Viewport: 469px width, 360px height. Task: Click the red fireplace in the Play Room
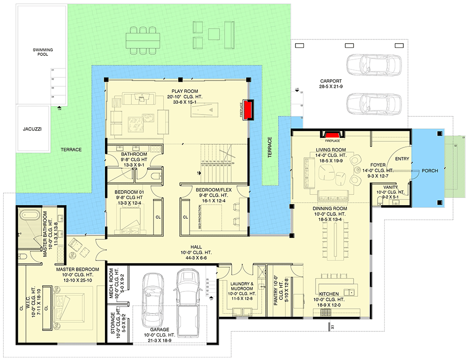pyautogui.click(x=247, y=110)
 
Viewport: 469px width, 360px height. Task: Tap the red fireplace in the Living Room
pyautogui.click(x=333, y=135)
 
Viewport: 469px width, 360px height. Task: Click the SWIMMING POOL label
pyautogui.click(x=43, y=52)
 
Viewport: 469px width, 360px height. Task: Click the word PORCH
pyautogui.click(x=430, y=171)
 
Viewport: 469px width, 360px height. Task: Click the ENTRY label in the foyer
pyautogui.click(x=402, y=159)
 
